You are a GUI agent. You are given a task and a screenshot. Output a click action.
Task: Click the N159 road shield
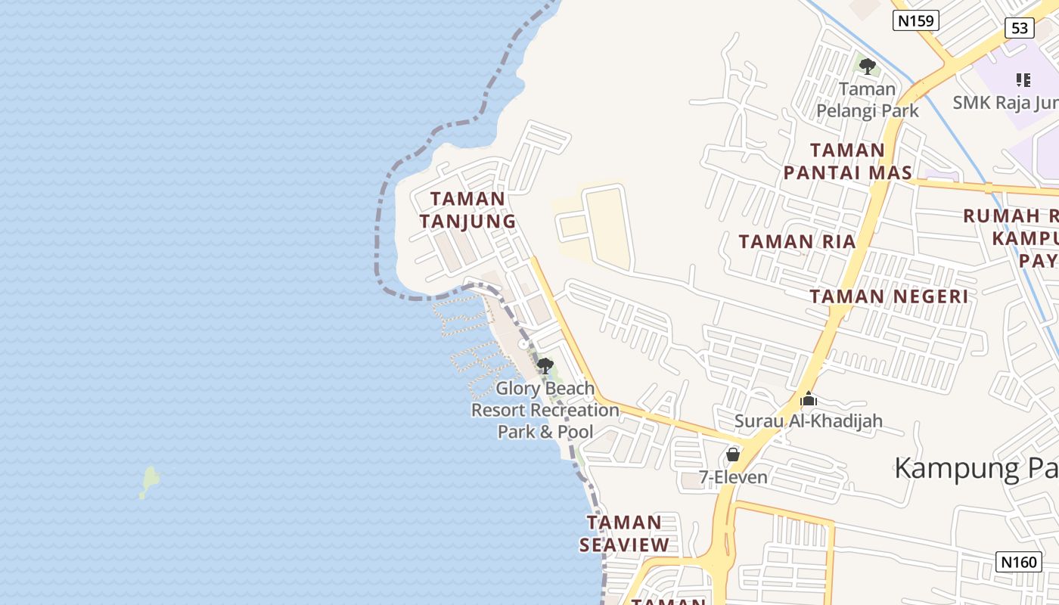coord(915,20)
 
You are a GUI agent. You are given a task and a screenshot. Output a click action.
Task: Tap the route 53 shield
coord(1020,28)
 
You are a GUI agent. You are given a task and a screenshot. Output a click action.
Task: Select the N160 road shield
coord(1019,562)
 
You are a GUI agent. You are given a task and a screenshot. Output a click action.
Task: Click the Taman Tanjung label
coord(467,210)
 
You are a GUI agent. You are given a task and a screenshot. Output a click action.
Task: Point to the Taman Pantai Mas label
coord(847,161)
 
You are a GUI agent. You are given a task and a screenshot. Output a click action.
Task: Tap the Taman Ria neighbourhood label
coord(797,242)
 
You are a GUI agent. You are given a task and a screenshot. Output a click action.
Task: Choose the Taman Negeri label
coord(889,296)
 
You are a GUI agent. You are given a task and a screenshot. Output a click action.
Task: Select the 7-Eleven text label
coord(733,477)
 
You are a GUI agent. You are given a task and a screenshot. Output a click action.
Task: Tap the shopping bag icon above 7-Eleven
coord(732,455)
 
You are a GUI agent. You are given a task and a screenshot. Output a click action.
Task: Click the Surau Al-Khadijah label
coord(809,420)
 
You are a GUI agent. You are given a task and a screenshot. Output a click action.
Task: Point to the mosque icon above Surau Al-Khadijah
coord(809,398)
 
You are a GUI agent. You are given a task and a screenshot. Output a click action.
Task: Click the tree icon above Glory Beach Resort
coord(545,366)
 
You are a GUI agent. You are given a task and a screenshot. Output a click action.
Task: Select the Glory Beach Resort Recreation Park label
coord(545,410)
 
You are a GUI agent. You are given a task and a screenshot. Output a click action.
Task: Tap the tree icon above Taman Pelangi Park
coord(868,66)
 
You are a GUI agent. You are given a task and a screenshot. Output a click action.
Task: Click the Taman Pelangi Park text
coord(868,100)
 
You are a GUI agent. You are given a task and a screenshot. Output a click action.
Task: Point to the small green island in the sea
coord(150,482)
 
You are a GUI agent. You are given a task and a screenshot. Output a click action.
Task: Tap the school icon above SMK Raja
coord(1023,79)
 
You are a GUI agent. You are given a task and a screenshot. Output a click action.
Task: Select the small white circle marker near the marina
coord(523,345)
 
